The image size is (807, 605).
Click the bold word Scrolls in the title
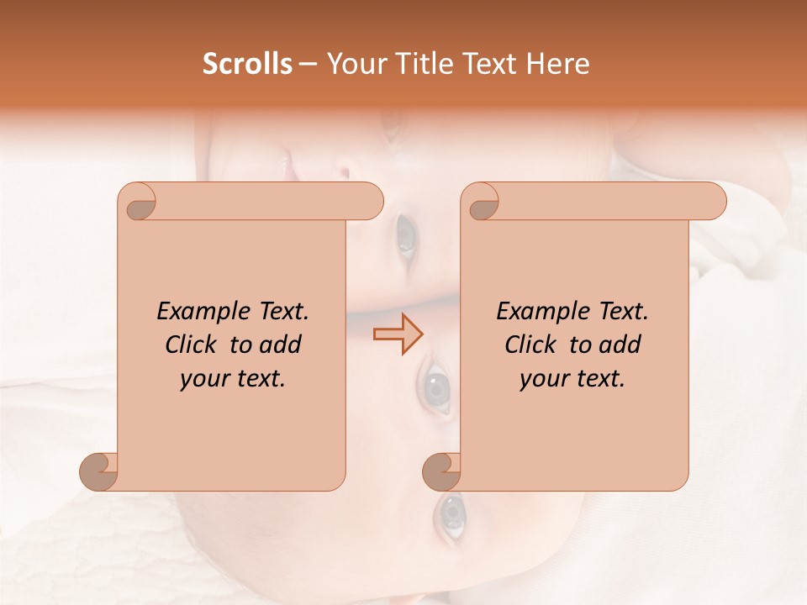[x=247, y=64]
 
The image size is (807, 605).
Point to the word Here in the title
[x=559, y=64]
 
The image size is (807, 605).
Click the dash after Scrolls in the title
[x=308, y=65]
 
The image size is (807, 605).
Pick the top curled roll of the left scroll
[x=138, y=202]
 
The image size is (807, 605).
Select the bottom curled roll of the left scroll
[x=98, y=471]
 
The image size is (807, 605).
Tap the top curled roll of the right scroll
[x=481, y=202]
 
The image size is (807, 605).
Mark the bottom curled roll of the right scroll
[x=441, y=471]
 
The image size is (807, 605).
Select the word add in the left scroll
[x=280, y=345]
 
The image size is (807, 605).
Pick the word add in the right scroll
[x=620, y=345]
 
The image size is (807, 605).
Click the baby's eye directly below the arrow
[x=436, y=387]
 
